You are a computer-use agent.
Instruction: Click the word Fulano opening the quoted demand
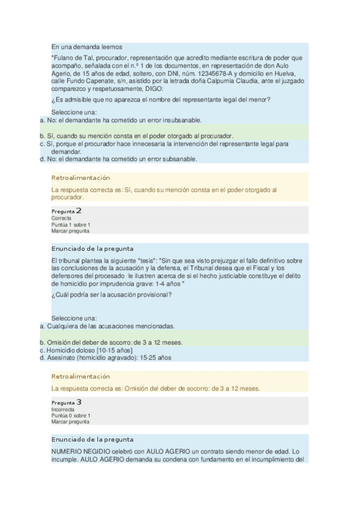tap(64, 58)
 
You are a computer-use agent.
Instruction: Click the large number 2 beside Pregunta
tap(79, 211)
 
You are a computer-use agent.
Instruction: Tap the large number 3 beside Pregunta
tap(79, 402)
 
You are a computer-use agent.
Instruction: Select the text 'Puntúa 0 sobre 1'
tap(71, 416)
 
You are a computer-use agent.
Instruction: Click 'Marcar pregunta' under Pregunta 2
tap(70, 231)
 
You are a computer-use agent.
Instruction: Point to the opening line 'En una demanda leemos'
tap(87, 46)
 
